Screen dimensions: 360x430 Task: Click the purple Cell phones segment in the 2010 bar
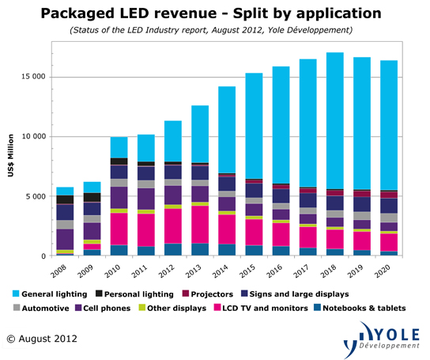click(x=119, y=198)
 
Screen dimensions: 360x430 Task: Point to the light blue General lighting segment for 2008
click(x=65, y=191)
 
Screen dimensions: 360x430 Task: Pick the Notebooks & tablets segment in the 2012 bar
click(x=173, y=249)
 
